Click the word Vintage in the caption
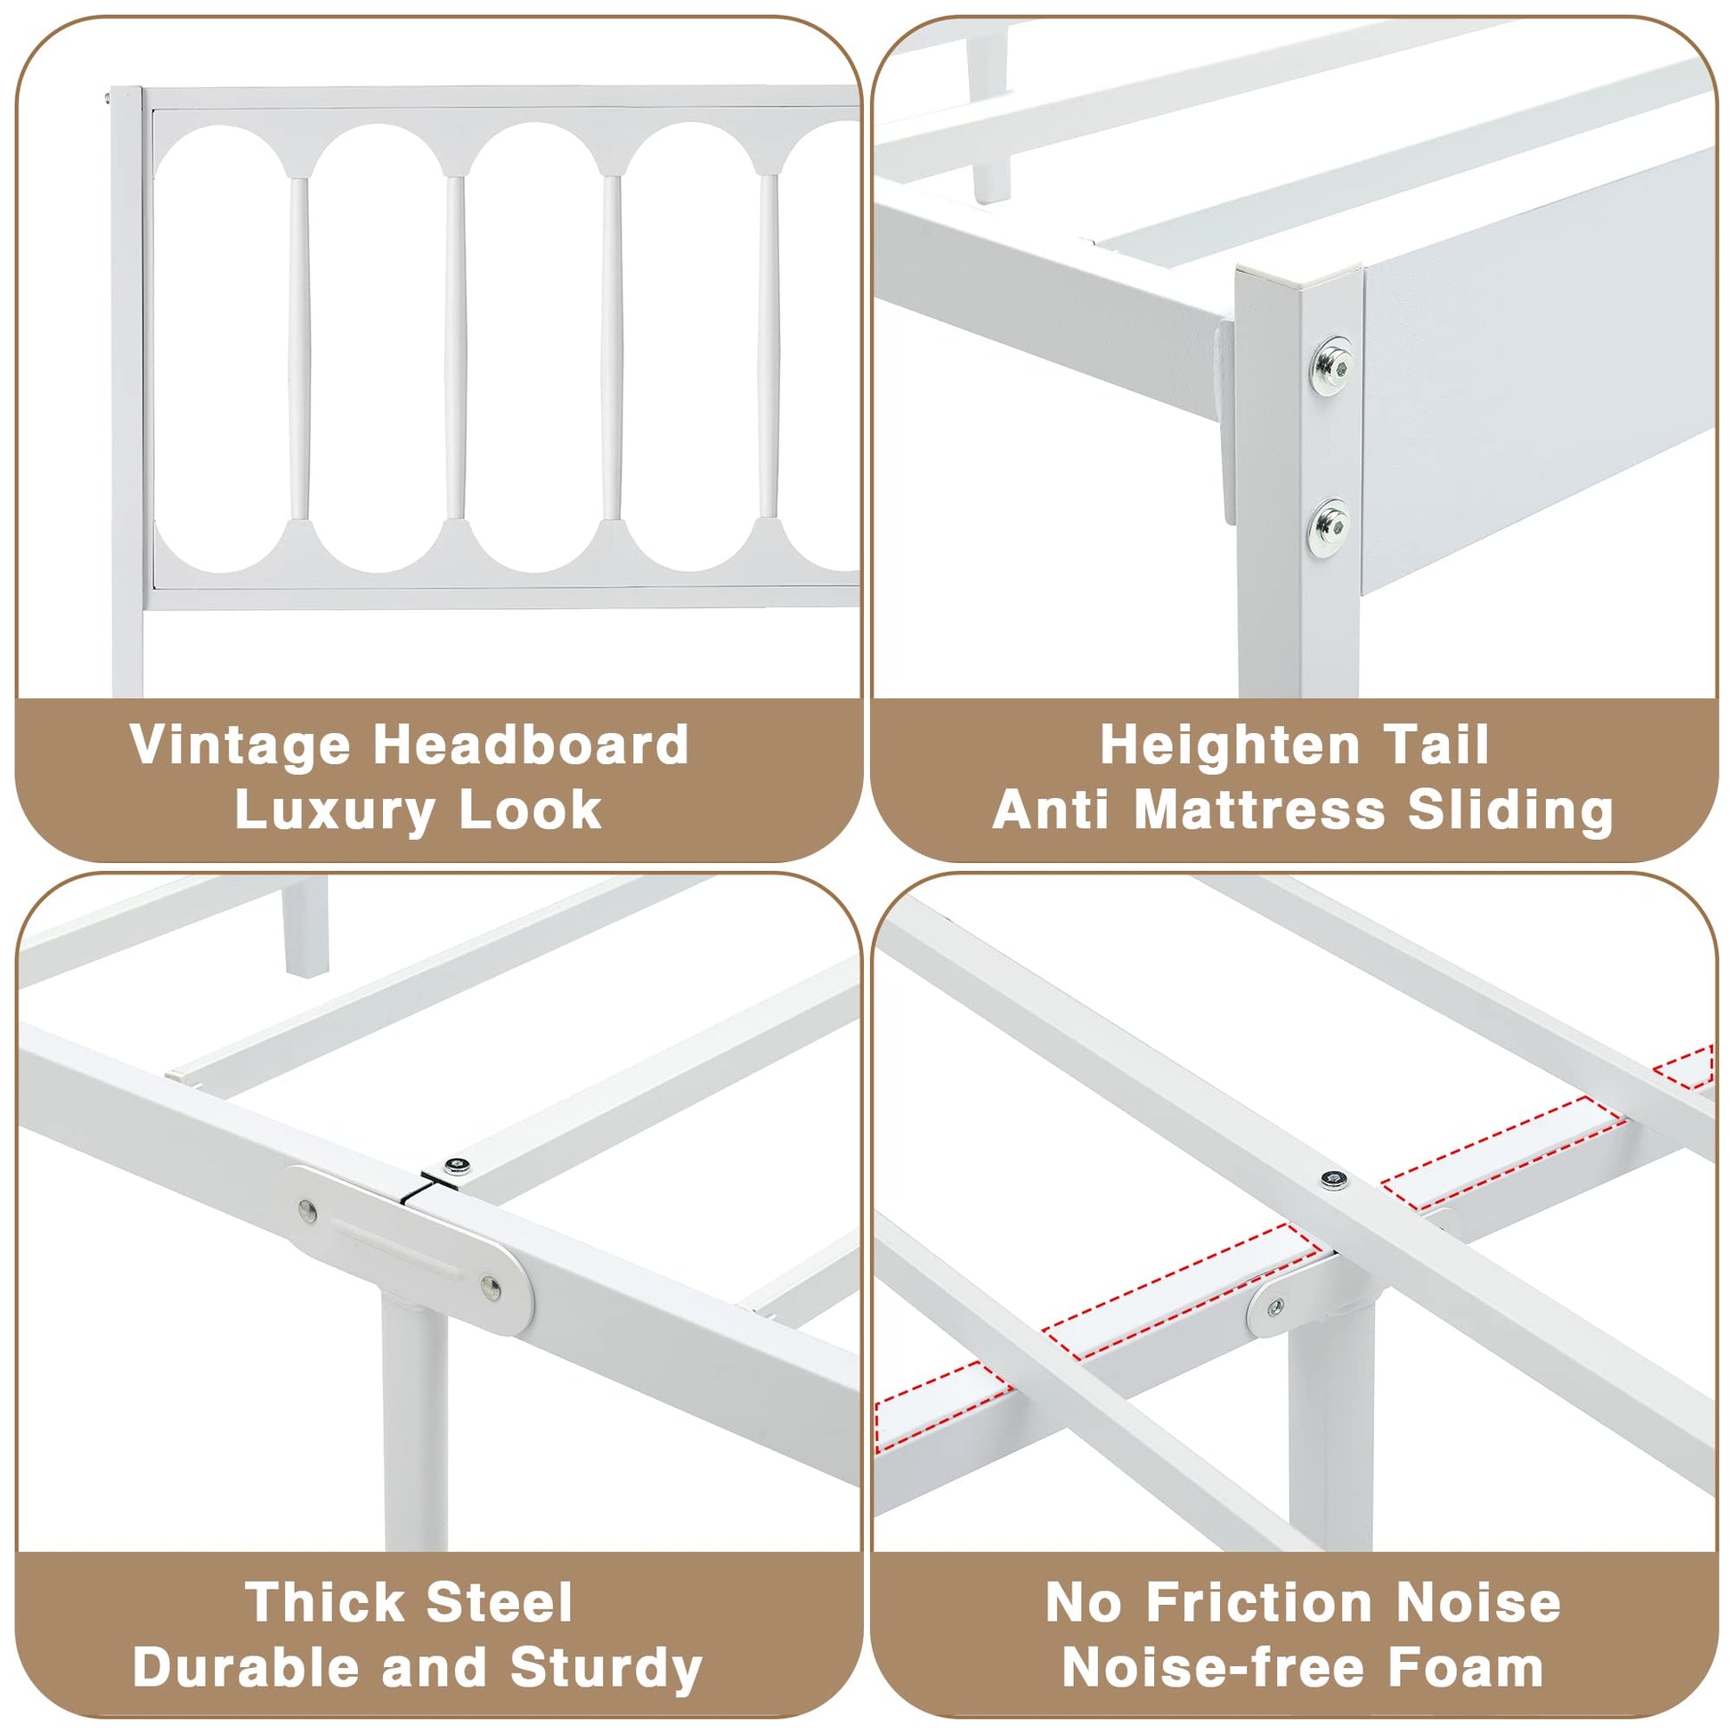point(240,746)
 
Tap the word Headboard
point(532,744)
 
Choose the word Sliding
point(1510,810)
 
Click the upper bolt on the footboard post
point(1330,365)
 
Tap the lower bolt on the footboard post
point(1329,526)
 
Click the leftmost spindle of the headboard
point(298,348)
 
